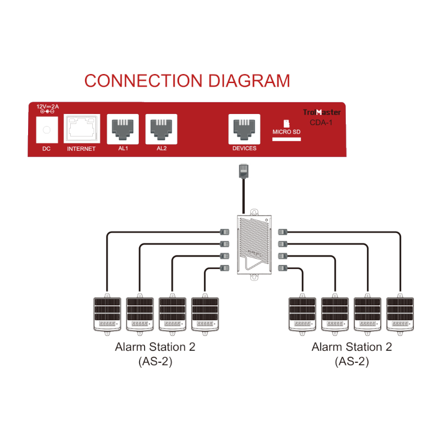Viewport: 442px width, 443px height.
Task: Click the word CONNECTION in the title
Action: (145, 81)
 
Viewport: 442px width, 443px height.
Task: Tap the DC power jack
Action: (46, 130)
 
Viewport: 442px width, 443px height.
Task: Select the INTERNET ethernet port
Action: (82, 129)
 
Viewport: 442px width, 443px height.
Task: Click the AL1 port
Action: (123, 129)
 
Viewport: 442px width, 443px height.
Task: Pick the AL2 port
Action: (161, 129)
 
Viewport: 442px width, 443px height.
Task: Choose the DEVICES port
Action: (244, 129)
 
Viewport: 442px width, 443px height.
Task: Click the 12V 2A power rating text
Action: (48, 106)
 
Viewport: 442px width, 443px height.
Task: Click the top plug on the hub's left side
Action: (224, 231)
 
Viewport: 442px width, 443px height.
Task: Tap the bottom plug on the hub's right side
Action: (282, 269)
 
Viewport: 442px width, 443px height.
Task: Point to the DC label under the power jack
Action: (46, 149)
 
